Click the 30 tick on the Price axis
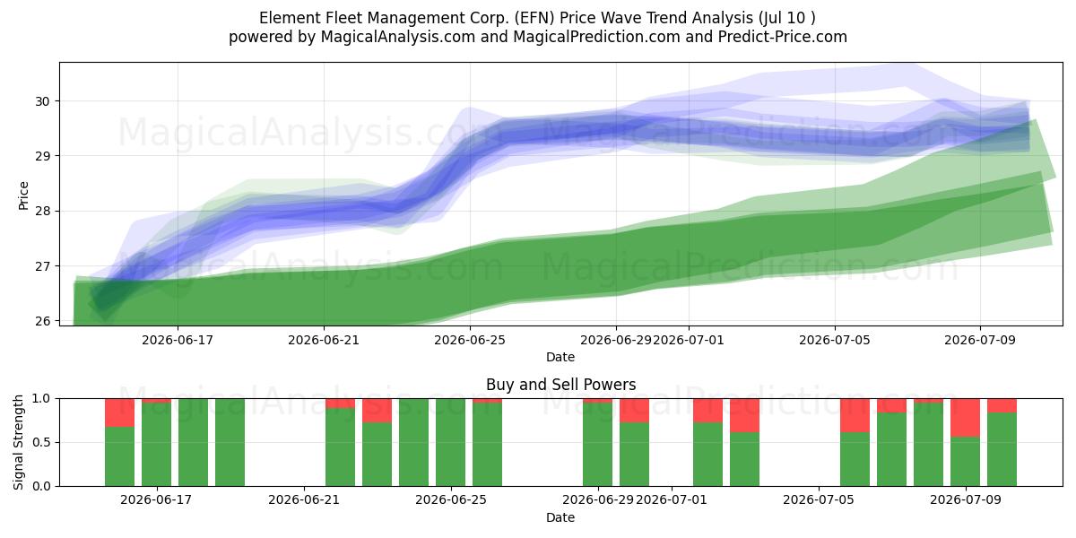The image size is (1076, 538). [42, 101]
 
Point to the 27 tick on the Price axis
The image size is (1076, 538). [42, 266]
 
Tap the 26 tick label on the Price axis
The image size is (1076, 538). [42, 321]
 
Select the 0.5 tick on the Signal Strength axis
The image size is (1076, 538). [41, 442]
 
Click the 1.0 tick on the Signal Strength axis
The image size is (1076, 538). [41, 399]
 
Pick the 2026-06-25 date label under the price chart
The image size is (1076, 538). [470, 340]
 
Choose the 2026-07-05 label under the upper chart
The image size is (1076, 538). [835, 340]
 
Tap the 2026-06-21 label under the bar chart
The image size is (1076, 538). [304, 500]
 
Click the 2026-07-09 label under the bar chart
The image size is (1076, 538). [966, 500]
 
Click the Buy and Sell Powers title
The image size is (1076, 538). [560, 385]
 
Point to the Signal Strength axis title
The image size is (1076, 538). [18, 442]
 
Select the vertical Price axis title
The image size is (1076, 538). [23, 195]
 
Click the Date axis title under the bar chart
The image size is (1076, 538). [560, 518]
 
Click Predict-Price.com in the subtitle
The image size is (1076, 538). [783, 37]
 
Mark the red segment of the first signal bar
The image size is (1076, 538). [119, 412]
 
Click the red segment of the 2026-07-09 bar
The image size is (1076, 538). [965, 418]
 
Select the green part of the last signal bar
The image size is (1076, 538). [1002, 449]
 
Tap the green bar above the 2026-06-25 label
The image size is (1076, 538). [450, 442]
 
